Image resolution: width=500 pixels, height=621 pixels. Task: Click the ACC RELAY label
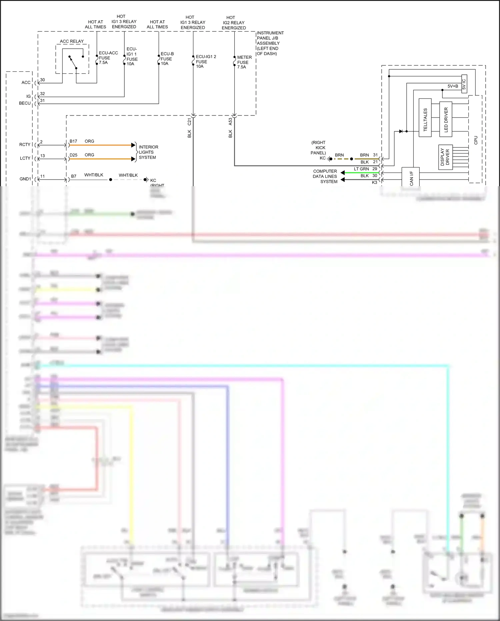coord(72,41)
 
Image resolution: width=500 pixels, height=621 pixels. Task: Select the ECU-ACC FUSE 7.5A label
coord(108,58)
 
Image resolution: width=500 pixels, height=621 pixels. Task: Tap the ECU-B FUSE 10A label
coord(167,59)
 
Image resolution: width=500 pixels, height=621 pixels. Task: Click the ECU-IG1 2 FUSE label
coord(205,61)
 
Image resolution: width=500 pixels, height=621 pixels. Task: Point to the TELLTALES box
coord(425,118)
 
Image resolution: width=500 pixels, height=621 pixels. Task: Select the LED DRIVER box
coord(446,119)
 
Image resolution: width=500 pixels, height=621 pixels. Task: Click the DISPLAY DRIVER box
coord(445,157)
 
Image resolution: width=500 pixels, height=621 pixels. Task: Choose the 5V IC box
coord(464,84)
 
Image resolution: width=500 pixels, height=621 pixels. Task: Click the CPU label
coord(476,140)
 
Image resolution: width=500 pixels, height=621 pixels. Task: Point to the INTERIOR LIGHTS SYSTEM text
coord(148,152)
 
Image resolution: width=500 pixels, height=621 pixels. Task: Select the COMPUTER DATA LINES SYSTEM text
coord(325,176)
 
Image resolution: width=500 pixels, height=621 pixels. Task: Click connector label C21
coord(189,122)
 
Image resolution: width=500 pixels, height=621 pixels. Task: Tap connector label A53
coord(230,122)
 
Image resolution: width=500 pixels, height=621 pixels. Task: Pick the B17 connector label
coord(73,141)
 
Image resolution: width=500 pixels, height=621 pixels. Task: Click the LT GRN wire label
coord(361,169)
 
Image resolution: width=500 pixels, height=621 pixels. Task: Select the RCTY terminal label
coord(25,144)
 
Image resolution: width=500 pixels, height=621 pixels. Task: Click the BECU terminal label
coord(25,103)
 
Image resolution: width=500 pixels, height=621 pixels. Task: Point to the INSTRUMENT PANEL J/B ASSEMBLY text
coord(270,43)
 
